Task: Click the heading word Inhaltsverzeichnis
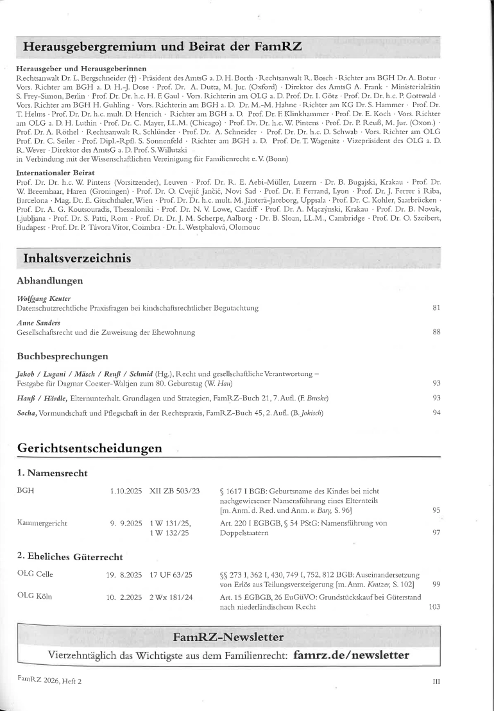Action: click(x=77, y=259)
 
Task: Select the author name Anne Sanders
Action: click(x=38, y=322)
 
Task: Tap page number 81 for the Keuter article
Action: click(x=436, y=309)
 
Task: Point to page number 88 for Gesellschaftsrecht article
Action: click(x=436, y=332)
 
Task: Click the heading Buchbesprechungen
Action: click(x=62, y=356)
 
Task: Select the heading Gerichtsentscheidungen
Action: click(x=89, y=447)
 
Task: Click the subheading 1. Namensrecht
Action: click(x=52, y=474)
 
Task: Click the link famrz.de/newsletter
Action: click(x=351, y=655)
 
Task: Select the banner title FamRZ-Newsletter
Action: click(x=228, y=637)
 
